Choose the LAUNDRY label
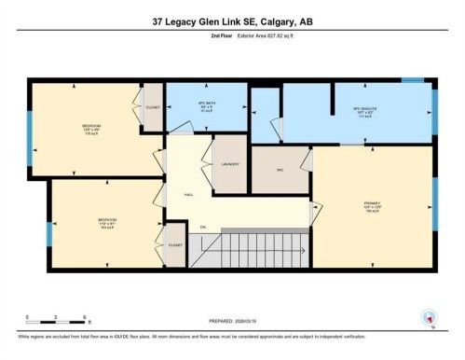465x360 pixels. [231, 163]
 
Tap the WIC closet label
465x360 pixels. [280, 168]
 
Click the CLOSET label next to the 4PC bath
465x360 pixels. [153, 107]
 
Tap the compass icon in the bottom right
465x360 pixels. [430, 317]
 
